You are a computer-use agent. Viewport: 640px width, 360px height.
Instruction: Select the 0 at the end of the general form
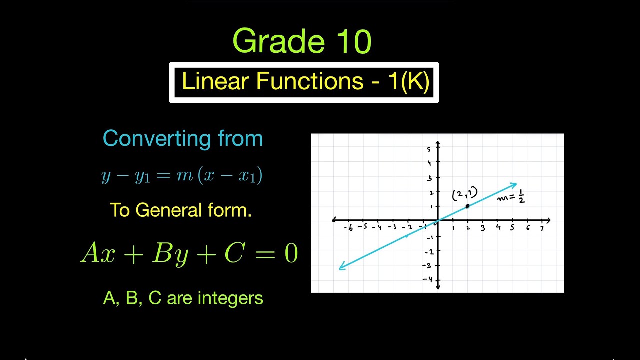tap(291, 254)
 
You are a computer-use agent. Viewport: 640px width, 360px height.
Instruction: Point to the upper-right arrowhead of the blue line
tap(514, 185)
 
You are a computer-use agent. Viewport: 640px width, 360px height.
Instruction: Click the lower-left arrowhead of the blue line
tap(341, 268)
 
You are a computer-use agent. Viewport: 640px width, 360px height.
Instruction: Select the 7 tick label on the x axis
tap(542, 229)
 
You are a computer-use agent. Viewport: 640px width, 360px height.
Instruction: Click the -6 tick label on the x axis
tap(348, 228)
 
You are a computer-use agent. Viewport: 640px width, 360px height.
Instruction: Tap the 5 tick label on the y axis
tap(428, 149)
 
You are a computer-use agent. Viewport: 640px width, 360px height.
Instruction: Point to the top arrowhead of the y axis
tap(438, 144)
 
